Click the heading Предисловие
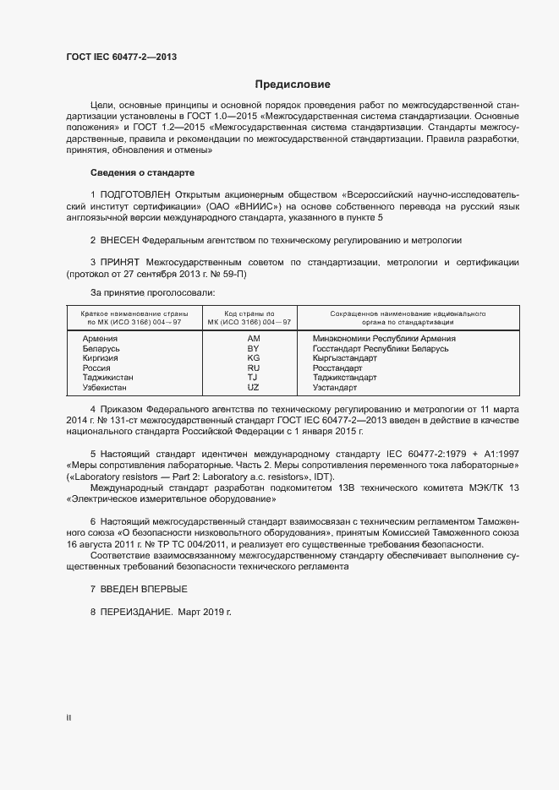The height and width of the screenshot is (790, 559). tap(293, 84)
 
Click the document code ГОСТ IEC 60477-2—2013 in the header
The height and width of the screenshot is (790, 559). tap(121, 57)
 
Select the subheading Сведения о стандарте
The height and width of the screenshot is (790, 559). tap(131, 172)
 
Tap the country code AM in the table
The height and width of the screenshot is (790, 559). tap(253, 339)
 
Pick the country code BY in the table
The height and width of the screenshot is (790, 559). tap(253, 348)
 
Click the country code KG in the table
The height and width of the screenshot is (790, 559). tap(253, 358)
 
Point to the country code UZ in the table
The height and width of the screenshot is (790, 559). tap(253, 387)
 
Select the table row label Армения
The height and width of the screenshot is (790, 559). tap(101, 339)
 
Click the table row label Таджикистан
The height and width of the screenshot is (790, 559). tap(108, 378)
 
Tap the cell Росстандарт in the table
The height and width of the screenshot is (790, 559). tap(337, 368)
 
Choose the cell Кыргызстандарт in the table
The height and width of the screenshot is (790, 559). tap(345, 358)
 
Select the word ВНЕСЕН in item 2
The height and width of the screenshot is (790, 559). tap(120, 240)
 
